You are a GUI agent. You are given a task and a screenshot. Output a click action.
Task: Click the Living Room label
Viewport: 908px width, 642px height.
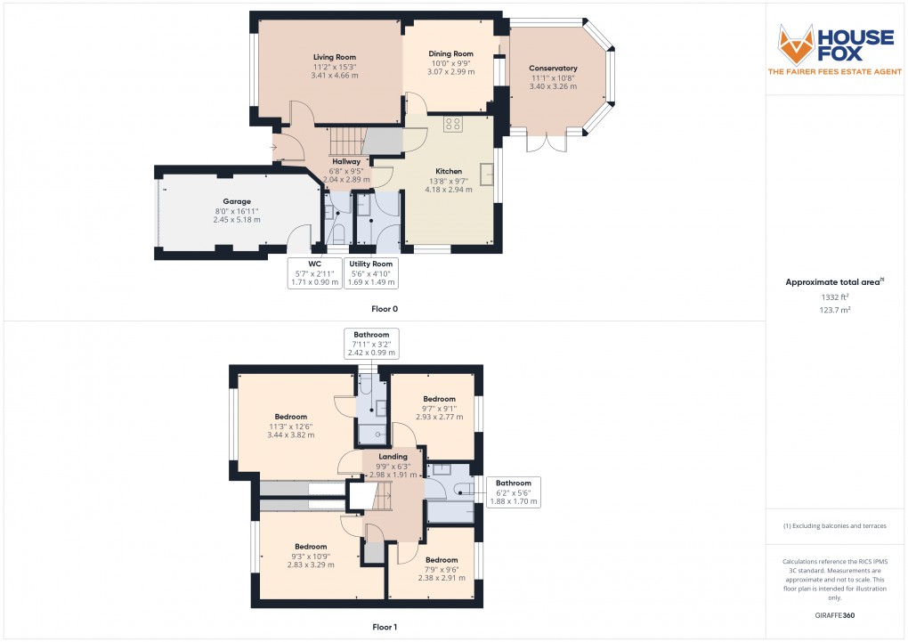click(x=335, y=57)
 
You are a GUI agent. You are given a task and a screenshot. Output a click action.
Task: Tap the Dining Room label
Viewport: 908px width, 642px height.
click(x=452, y=53)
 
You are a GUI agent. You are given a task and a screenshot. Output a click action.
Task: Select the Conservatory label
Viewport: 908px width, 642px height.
click(x=553, y=69)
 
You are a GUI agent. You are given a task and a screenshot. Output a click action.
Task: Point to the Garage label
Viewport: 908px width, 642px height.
click(x=237, y=201)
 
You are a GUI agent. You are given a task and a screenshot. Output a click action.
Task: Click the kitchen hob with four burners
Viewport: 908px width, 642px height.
click(x=453, y=124)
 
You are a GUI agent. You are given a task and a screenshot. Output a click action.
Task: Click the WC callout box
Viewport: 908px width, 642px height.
click(x=314, y=273)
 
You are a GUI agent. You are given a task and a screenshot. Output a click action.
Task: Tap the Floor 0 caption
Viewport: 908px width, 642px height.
click(x=385, y=309)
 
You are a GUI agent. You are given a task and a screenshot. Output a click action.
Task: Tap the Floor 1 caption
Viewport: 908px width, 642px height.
click(x=385, y=627)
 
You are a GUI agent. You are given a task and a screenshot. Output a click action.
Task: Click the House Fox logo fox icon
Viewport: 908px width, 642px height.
click(x=796, y=44)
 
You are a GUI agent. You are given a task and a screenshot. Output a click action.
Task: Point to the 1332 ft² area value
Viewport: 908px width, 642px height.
click(x=834, y=299)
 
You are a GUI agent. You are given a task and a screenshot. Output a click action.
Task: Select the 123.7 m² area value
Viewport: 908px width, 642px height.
click(x=834, y=312)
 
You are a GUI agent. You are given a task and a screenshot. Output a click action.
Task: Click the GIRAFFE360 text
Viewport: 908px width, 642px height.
click(x=834, y=614)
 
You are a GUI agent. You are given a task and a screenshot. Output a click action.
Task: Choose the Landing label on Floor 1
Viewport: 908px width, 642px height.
click(x=393, y=457)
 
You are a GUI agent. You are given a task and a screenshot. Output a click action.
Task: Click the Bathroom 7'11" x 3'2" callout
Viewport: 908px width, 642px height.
click(x=371, y=344)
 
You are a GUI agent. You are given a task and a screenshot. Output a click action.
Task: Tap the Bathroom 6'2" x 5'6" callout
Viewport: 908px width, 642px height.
click(x=513, y=492)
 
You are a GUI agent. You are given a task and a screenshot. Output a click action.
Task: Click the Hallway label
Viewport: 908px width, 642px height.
click(x=346, y=161)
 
